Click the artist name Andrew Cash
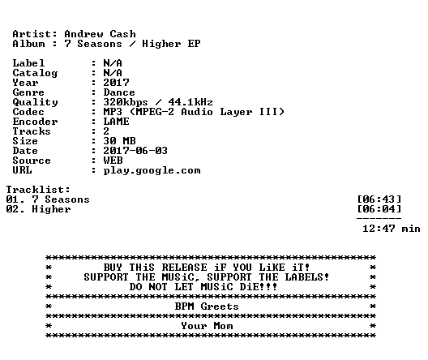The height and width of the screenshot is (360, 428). [100, 34]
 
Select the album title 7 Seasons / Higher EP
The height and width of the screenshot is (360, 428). [132, 44]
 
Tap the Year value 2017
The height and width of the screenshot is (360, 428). [116, 83]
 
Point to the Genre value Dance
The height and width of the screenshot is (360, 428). [119, 92]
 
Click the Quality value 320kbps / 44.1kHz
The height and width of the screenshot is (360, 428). [158, 102]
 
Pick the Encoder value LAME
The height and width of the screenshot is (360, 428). [116, 122]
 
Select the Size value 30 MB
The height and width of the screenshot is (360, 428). [119, 141]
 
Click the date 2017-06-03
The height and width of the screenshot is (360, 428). [135, 151]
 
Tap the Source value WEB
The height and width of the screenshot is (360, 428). [113, 161]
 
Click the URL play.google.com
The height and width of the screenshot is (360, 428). [152, 170]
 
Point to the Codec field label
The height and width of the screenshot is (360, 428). [28, 112]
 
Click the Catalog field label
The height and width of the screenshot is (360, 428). [35, 73]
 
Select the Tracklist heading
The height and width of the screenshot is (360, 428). [38, 190]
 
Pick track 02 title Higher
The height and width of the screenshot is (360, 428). [51, 209]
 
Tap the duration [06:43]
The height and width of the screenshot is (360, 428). [379, 199]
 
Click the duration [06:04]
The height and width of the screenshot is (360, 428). [379, 209]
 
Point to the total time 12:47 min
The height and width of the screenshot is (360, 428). [392, 229]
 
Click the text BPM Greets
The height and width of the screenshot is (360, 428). [207, 306]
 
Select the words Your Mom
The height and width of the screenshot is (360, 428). [207, 326]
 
